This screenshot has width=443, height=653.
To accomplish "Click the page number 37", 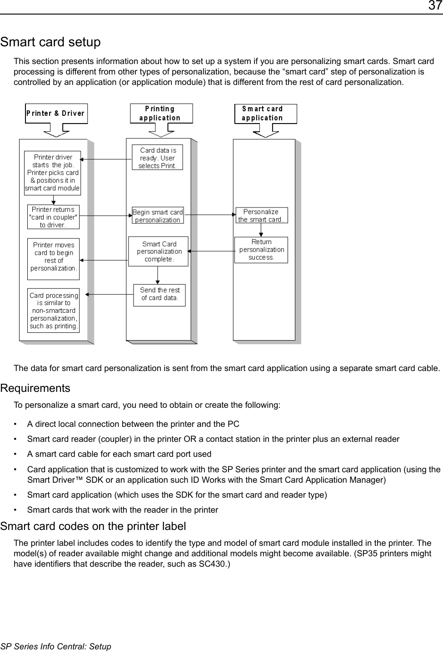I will tap(434, 6).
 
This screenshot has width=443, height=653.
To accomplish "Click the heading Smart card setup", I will tap(50, 42).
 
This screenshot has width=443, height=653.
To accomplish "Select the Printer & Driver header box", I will tap(56, 114).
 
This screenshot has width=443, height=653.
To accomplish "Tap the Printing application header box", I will tap(161, 114).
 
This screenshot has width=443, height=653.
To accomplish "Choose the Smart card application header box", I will tap(265, 114).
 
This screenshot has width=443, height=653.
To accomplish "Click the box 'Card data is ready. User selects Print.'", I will tap(157, 158).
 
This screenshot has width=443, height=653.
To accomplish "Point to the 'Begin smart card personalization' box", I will tap(158, 216).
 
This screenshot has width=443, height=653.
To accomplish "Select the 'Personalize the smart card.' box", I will tap(261, 216).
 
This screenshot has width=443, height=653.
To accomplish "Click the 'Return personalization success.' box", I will tap(261, 250).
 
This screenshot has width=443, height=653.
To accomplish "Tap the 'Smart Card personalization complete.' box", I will tap(159, 252).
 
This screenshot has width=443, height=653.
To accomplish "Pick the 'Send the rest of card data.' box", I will tap(159, 294).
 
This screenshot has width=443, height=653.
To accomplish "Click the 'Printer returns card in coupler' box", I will tap(53, 217).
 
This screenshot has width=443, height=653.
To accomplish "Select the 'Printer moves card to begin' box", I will tap(53, 257).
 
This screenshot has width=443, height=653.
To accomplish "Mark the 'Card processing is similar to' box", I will tap(53, 311).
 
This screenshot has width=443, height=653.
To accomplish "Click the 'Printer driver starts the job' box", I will tap(53, 173).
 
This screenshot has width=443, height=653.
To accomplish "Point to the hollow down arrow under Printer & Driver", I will tap(56, 131).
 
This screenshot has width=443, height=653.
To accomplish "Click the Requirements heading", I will tap(35, 388).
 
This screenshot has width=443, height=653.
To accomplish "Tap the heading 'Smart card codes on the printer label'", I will tap(93, 526).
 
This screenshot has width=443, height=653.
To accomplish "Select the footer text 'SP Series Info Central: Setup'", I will tap(56, 646).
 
